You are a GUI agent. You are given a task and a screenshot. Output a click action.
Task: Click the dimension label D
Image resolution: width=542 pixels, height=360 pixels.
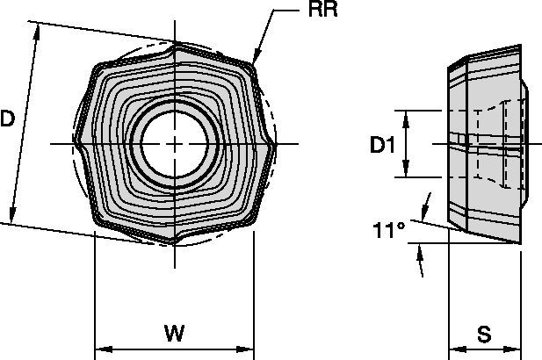8,119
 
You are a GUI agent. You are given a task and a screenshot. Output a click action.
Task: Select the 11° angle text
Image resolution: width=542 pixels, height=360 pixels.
388,231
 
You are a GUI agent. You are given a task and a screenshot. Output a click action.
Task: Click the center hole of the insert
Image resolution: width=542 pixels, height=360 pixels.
176,144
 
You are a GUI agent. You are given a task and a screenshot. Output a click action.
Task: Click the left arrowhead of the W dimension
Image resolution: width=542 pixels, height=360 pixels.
99,346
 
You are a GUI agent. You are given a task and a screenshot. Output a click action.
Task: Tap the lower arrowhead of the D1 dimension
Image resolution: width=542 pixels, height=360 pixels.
406,173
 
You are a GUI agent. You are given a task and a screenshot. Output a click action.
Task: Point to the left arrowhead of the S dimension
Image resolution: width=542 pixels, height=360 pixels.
454,346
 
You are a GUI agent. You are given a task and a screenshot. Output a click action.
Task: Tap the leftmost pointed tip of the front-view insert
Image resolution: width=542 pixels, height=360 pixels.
76,142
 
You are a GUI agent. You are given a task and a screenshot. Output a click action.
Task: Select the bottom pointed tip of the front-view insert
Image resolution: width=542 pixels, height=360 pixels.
176,243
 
